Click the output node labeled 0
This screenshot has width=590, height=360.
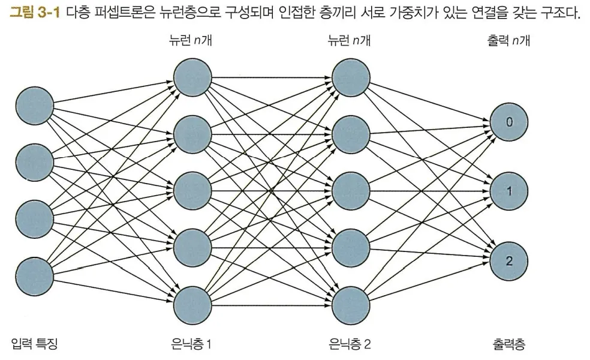509,122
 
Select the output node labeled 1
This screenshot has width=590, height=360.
509,191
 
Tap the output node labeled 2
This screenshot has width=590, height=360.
509,261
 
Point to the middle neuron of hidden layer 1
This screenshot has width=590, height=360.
192,191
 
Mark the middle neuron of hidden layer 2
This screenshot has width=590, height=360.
350,191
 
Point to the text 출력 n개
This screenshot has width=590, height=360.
509,41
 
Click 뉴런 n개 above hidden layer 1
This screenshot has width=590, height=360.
191,41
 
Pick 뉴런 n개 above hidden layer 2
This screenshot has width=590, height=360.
349,41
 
